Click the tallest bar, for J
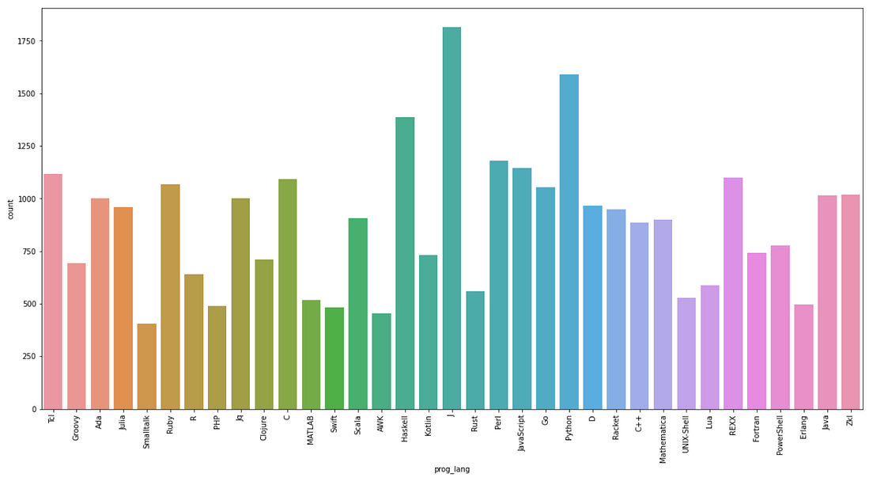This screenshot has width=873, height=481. pyautogui.click(x=452, y=218)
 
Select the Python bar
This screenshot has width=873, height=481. pyautogui.click(x=569, y=241)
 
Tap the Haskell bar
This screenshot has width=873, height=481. pyautogui.click(x=405, y=263)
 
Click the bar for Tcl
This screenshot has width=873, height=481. pyautogui.click(x=53, y=291)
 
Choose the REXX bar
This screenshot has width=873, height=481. pyautogui.click(x=733, y=293)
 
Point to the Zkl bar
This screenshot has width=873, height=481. pyautogui.click(x=850, y=301)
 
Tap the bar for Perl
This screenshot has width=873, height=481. pyautogui.click(x=498, y=285)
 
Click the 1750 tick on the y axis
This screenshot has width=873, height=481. pyautogui.click(x=26, y=41)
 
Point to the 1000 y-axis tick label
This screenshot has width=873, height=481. pyautogui.click(x=26, y=199)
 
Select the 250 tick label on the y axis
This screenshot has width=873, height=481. pyautogui.click(x=28, y=357)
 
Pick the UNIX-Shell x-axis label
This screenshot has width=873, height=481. pyautogui.click(x=686, y=439)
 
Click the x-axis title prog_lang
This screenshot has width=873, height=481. pyautogui.click(x=452, y=469)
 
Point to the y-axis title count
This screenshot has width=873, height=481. pyautogui.click(x=10, y=209)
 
